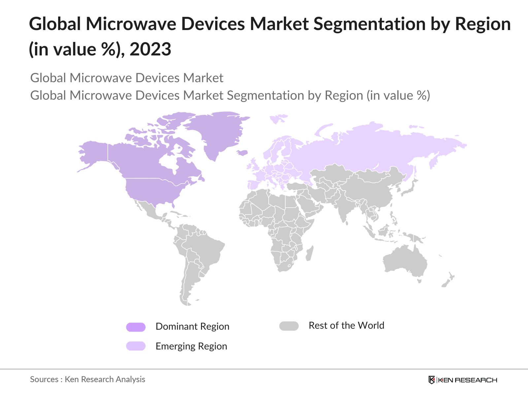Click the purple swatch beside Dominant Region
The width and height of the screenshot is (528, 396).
coord(136,327)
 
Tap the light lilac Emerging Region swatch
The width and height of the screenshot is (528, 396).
coord(136,346)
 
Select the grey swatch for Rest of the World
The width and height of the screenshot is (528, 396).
coord(289,326)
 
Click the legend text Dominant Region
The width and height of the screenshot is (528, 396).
coord(192,326)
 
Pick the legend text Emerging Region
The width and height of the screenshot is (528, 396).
coord(191,346)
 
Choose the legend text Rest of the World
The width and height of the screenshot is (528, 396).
coord(346,325)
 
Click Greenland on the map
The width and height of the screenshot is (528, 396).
coord(218,132)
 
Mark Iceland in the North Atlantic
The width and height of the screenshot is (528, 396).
coord(243,152)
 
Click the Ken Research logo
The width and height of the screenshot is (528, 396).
coord(463,380)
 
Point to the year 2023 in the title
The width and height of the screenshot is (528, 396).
coord(150,49)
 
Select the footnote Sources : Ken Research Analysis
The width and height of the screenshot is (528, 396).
coord(87,379)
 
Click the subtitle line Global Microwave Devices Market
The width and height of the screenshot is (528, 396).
coord(127,78)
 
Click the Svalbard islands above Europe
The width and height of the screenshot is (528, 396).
coord(278,118)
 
